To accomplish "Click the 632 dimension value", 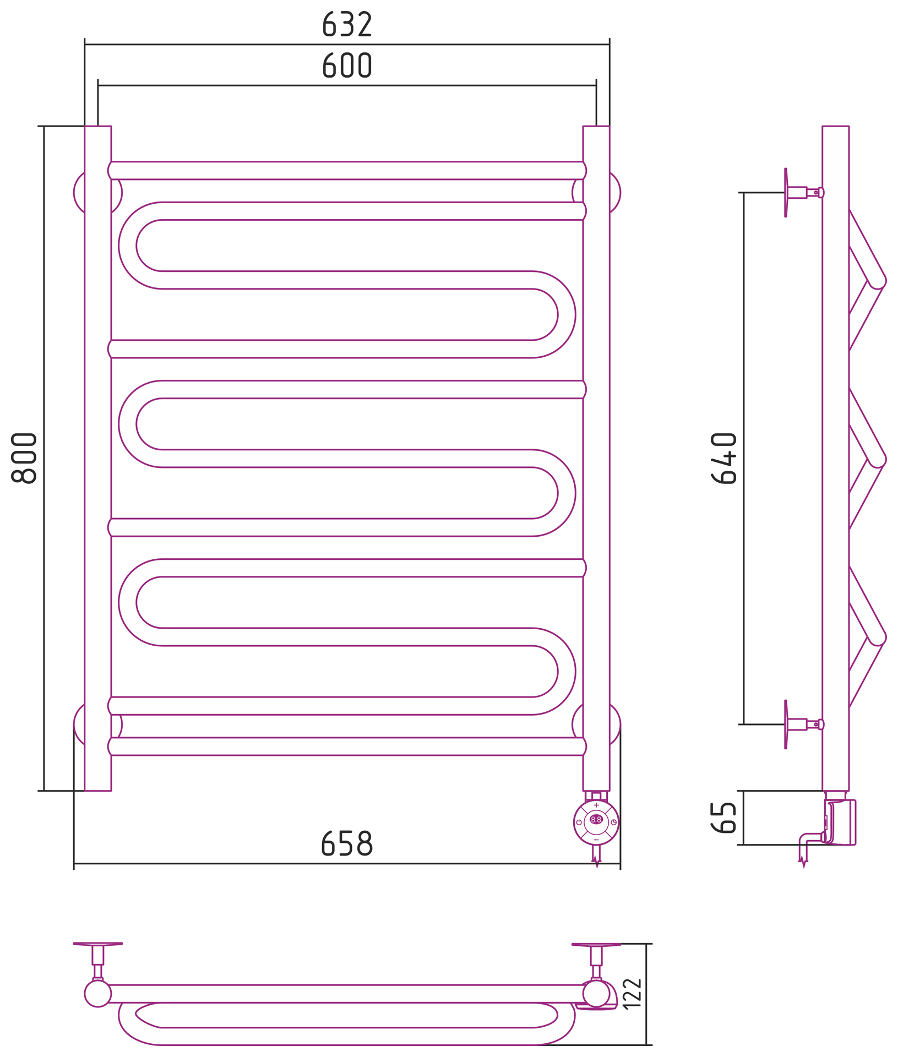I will coord(347,24).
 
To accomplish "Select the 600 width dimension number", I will coord(347,66).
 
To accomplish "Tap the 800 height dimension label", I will coord(24,458).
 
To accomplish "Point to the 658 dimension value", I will coord(347,843).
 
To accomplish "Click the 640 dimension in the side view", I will coord(723,458).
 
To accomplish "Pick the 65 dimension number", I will coord(723,818).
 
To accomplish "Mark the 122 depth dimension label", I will coord(632,993).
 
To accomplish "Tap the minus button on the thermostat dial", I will coord(596,840).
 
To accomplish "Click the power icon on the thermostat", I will coord(579,822).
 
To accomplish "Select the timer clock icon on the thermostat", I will coord(613,822).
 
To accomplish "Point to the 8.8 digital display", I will coord(596,820).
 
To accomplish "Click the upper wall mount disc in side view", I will coord(786,193).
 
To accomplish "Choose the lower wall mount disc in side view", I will coord(786,724).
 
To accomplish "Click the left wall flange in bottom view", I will coord(98,944).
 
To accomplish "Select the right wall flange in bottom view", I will coord(596,945).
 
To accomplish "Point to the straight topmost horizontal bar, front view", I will coord(347,171).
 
